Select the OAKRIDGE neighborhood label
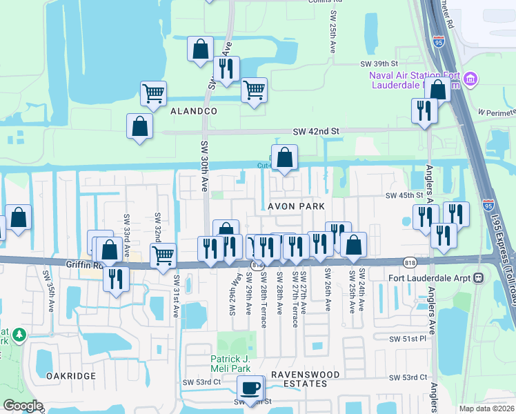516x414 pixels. [x=70, y=375]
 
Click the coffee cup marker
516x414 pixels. [x=251, y=387]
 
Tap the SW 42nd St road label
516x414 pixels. [x=317, y=130]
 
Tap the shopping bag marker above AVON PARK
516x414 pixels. [x=284, y=157]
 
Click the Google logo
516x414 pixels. [x=23, y=406]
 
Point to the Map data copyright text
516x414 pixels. [x=486, y=408]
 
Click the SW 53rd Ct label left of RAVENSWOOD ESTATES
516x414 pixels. [x=197, y=382]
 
